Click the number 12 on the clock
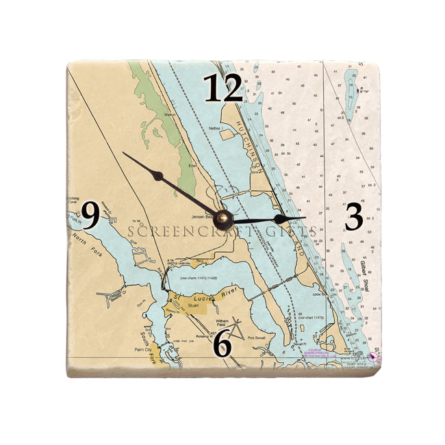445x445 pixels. (x=223, y=89)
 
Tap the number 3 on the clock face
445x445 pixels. (x=353, y=217)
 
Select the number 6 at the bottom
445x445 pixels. (x=222, y=344)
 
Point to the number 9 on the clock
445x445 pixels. (x=90, y=215)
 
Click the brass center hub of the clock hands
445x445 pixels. (x=223, y=219)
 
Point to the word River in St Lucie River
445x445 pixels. (x=233, y=292)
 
